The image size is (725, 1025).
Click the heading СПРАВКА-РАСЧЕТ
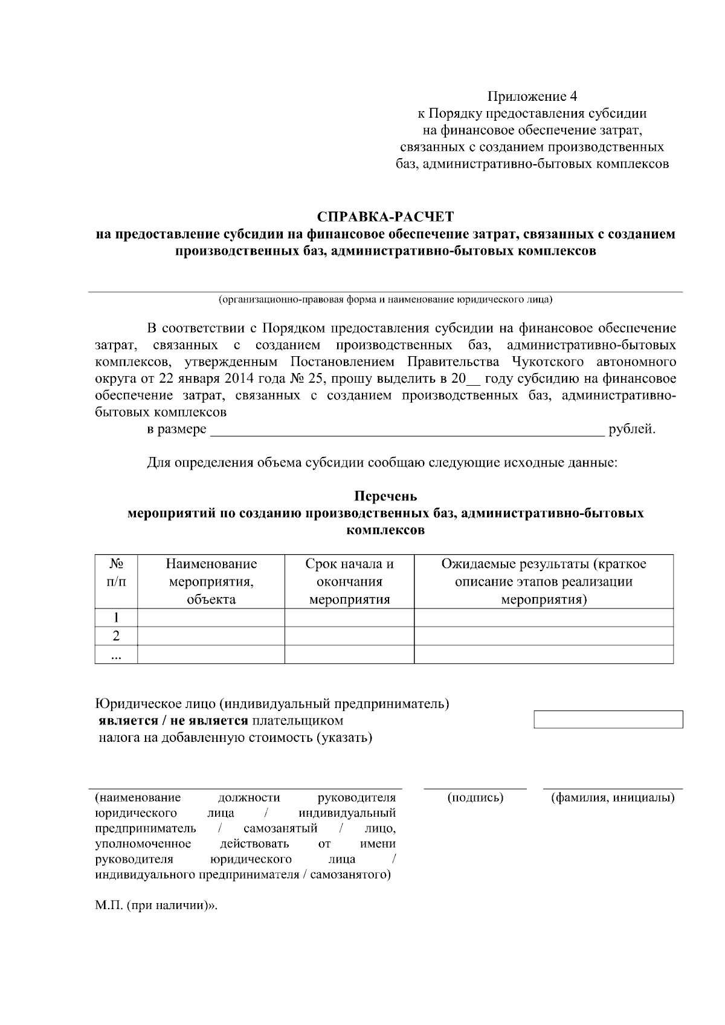coord(385,216)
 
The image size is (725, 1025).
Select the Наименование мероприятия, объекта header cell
coord(211,581)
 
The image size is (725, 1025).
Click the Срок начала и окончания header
coord(349,581)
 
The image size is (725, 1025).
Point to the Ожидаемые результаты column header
coord(543,581)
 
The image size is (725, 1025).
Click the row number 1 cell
coord(116,618)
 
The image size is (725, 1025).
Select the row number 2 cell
coord(116,636)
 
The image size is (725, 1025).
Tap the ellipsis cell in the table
coord(116,654)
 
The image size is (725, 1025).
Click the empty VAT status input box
coord(608,720)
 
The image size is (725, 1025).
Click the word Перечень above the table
coord(385,496)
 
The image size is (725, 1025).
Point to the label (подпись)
coord(475,797)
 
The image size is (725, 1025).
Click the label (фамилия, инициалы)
coord(613,797)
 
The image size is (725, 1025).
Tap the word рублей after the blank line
coord(632,429)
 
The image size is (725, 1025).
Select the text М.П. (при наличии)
coord(155,907)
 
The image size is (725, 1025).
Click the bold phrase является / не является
coord(174,720)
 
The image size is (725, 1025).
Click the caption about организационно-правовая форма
coord(385,299)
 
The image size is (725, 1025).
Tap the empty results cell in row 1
coord(543,618)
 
